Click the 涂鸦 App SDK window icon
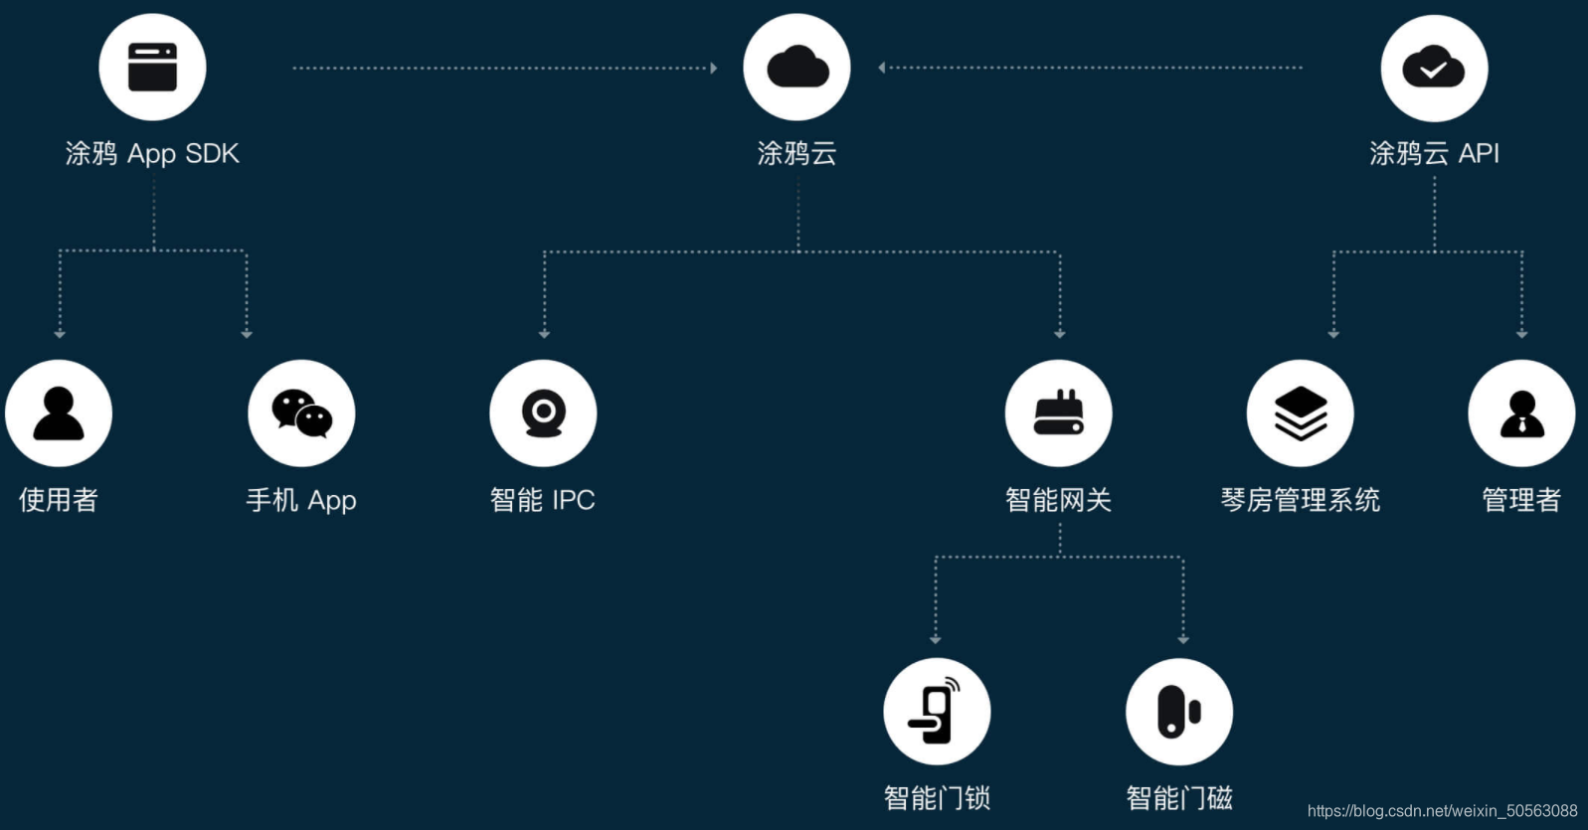pos(152,68)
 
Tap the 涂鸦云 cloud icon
pos(797,68)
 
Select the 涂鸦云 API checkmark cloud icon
pos(1434,68)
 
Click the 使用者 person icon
pos(59,414)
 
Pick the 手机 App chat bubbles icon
pos(301,414)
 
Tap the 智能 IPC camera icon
pos(543,414)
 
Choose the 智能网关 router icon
pos(1059,414)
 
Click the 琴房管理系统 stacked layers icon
pos(1301,414)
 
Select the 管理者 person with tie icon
pos(1521,414)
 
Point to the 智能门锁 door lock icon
pos(937,712)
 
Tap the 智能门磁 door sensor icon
pos(1179,712)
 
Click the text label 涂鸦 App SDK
pos(152,153)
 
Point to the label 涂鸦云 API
pos(1434,153)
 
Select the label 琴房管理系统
pos(1301,499)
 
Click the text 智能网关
pos(1059,499)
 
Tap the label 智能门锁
pos(937,797)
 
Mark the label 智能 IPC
pos(543,499)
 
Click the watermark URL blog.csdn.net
pos(1442,811)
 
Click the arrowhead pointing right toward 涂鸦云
pos(714,68)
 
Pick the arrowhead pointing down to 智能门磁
pos(1183,640)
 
